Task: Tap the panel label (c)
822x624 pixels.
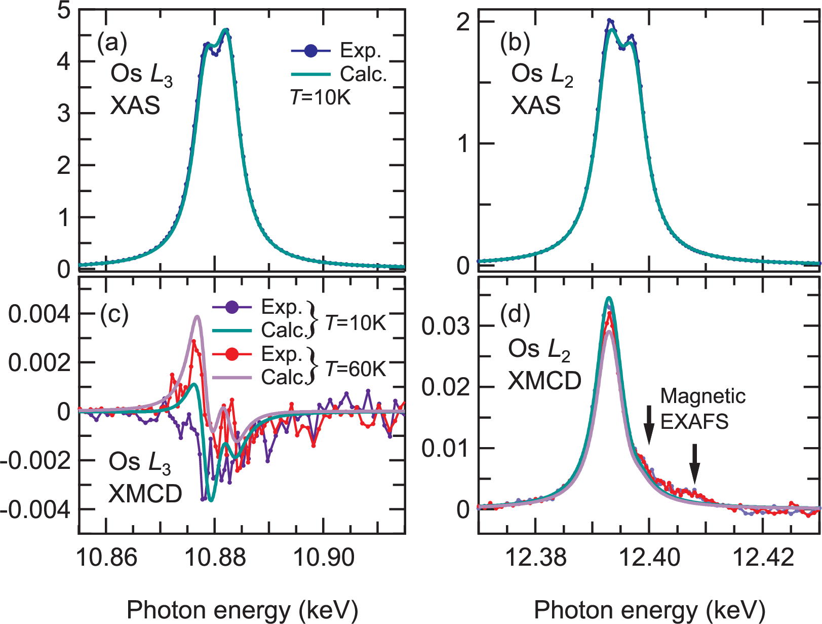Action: tap(114, 315)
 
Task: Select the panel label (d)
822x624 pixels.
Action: tap(515, 315)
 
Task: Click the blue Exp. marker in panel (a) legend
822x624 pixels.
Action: tap(310, 51)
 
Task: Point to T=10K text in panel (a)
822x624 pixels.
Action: tap(320, 97)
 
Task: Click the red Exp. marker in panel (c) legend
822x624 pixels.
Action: tap(231, 354)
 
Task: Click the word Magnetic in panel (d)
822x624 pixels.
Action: tap(702, 396)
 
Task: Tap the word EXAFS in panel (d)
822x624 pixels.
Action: tap(694, 421)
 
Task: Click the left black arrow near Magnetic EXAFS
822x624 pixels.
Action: tap(649, 424)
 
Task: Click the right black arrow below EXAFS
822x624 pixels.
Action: tap(695, 463)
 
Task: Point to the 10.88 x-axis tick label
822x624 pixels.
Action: tap(215, 558)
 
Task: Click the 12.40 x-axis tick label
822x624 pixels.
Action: tap(649, 558)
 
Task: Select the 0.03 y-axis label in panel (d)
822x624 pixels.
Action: tap(446, 327)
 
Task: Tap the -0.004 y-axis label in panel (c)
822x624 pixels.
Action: tap(35, 509)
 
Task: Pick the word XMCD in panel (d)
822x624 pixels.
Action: tap(544, 381)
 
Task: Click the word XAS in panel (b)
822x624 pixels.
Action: tap(535, 106)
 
